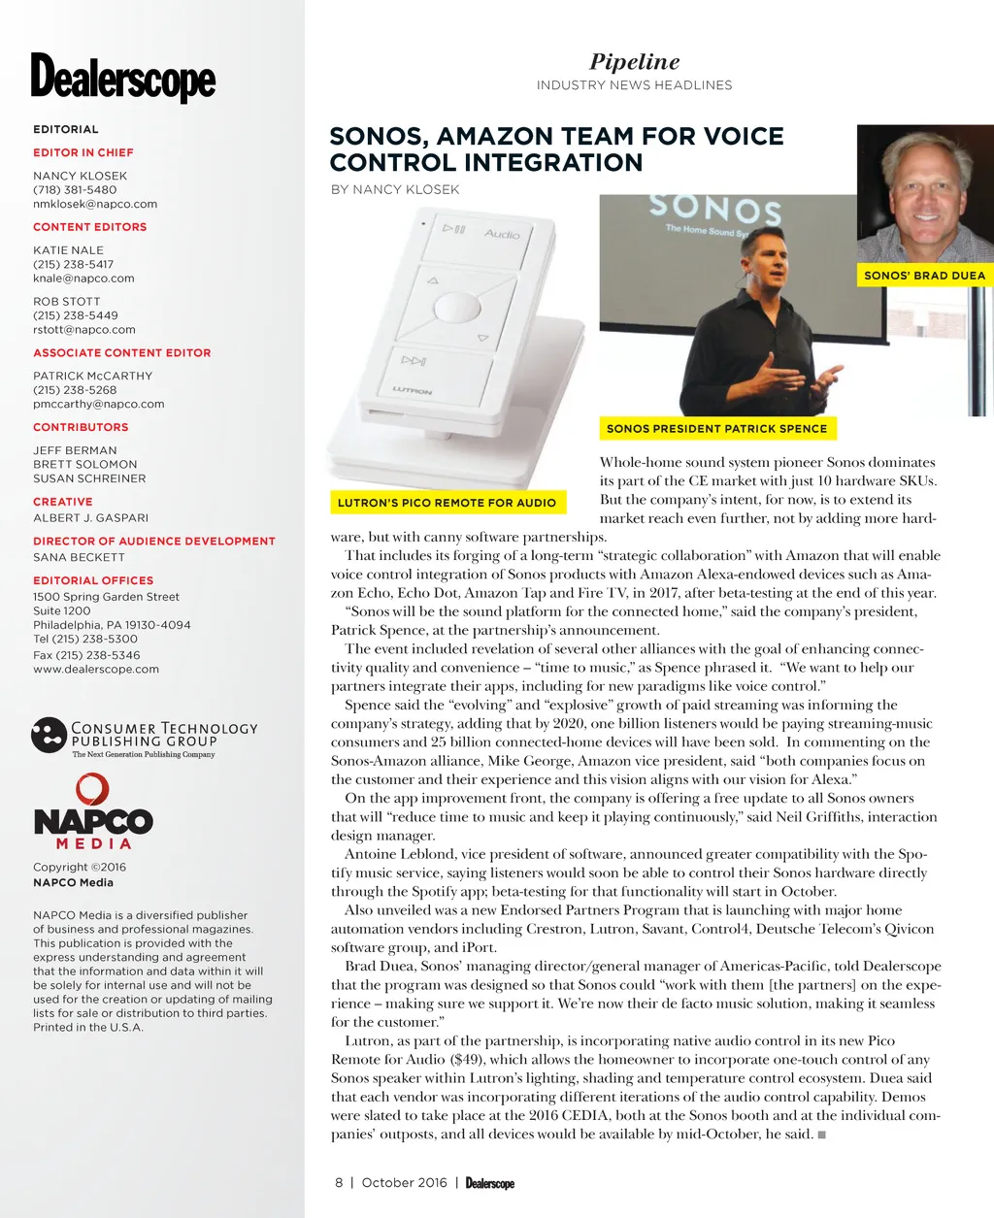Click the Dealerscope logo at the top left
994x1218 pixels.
click(x=123, y=77)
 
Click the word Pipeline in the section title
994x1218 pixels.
click(x=634, y=62)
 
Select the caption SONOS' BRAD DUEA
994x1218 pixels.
click(x=924, y=276)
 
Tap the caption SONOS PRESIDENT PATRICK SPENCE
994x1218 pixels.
click(x=716, y=428)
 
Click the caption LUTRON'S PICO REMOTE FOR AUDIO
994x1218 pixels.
click(x=447, y=503)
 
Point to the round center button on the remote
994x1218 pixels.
click(x=457, y=309)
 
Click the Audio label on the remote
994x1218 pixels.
click(x=502, y=234)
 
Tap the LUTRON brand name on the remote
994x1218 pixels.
click(x=413, y=390)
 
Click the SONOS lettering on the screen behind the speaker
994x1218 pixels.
click(x=715, y=208)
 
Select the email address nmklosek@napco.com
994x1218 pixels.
click(x=95, y=204)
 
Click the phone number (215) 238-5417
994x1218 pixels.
click(x=74, y=264)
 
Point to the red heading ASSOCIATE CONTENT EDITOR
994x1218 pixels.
click(x=122, y=352)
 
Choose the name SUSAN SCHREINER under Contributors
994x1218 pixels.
click(x=89, y=478)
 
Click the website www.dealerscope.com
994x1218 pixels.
click(x=96, y=669)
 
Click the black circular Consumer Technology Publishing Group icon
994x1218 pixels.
click(x=49, y=735)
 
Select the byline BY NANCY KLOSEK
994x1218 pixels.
click(x=395, y=189)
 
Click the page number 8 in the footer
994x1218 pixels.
click(x=339, y=1182)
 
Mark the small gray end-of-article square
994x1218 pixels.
click(x=821, y=1135)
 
